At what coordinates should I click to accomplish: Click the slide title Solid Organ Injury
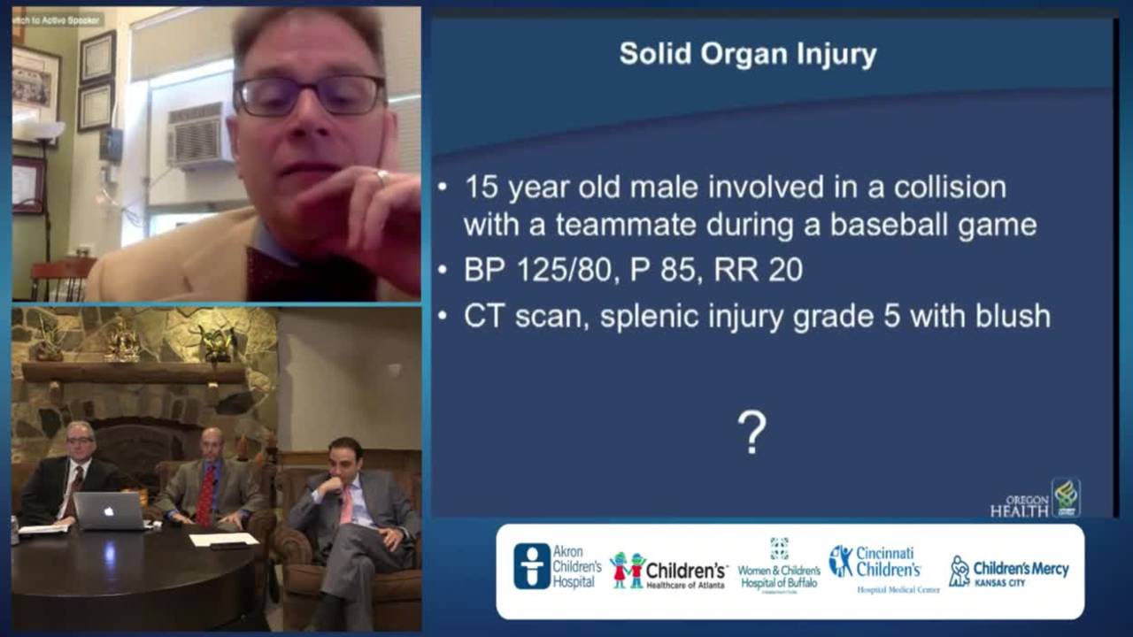point(748,55)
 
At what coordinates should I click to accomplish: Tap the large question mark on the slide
point(751,434)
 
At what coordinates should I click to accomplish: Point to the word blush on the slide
point(1010,317)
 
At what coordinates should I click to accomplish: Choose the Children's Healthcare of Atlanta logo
point(668,572)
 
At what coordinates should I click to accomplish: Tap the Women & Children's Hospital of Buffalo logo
point(779,567)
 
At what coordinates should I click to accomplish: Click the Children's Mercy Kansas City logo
point(1009,572)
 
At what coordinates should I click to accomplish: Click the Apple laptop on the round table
point(108,510)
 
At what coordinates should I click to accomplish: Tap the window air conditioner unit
point(197,135)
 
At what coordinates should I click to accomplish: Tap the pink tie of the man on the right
point(346,504)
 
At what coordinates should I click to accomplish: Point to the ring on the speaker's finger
point(382,176)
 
